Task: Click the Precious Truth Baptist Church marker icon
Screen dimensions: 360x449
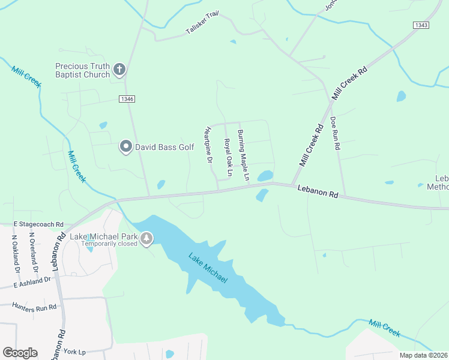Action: point(119,70)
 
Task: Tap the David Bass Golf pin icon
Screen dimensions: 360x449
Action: point(125,146)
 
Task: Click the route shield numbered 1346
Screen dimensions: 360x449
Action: point(127,99)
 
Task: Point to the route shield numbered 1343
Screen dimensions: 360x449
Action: point(421,25)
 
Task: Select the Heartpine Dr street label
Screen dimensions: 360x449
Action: point(209,145)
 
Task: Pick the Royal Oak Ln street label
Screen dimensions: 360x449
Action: point(228,158)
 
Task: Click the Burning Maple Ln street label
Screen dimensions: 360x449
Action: point(243,155)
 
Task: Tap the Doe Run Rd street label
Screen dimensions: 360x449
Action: point(336,133)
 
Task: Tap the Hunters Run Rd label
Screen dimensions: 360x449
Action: point(34,306)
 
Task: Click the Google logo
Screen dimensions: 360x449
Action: point(20,353)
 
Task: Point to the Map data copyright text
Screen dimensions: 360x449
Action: point(423,355)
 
